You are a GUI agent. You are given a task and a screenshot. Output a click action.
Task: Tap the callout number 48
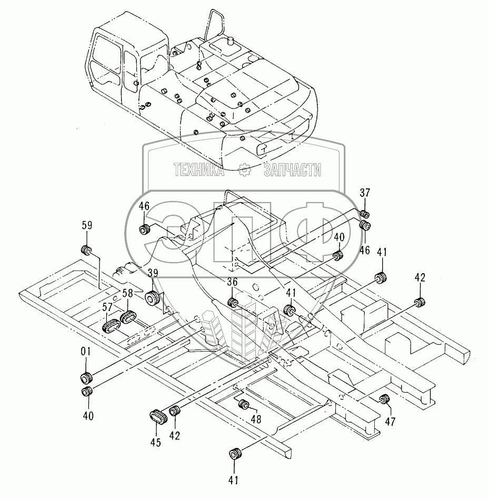pyautogui.click(x=256, y=419)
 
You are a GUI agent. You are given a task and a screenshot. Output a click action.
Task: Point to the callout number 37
pyautogui.click(x=364, y=193)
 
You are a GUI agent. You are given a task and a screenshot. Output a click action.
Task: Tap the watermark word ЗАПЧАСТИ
pyautogui.click(x=292, y=169)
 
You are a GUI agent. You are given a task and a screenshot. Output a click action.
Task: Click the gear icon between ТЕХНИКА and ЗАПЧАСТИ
pyautogui.click(x=244, y=169)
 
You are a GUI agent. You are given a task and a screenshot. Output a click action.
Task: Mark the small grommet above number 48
pyautogui.click(x=243, y=405)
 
